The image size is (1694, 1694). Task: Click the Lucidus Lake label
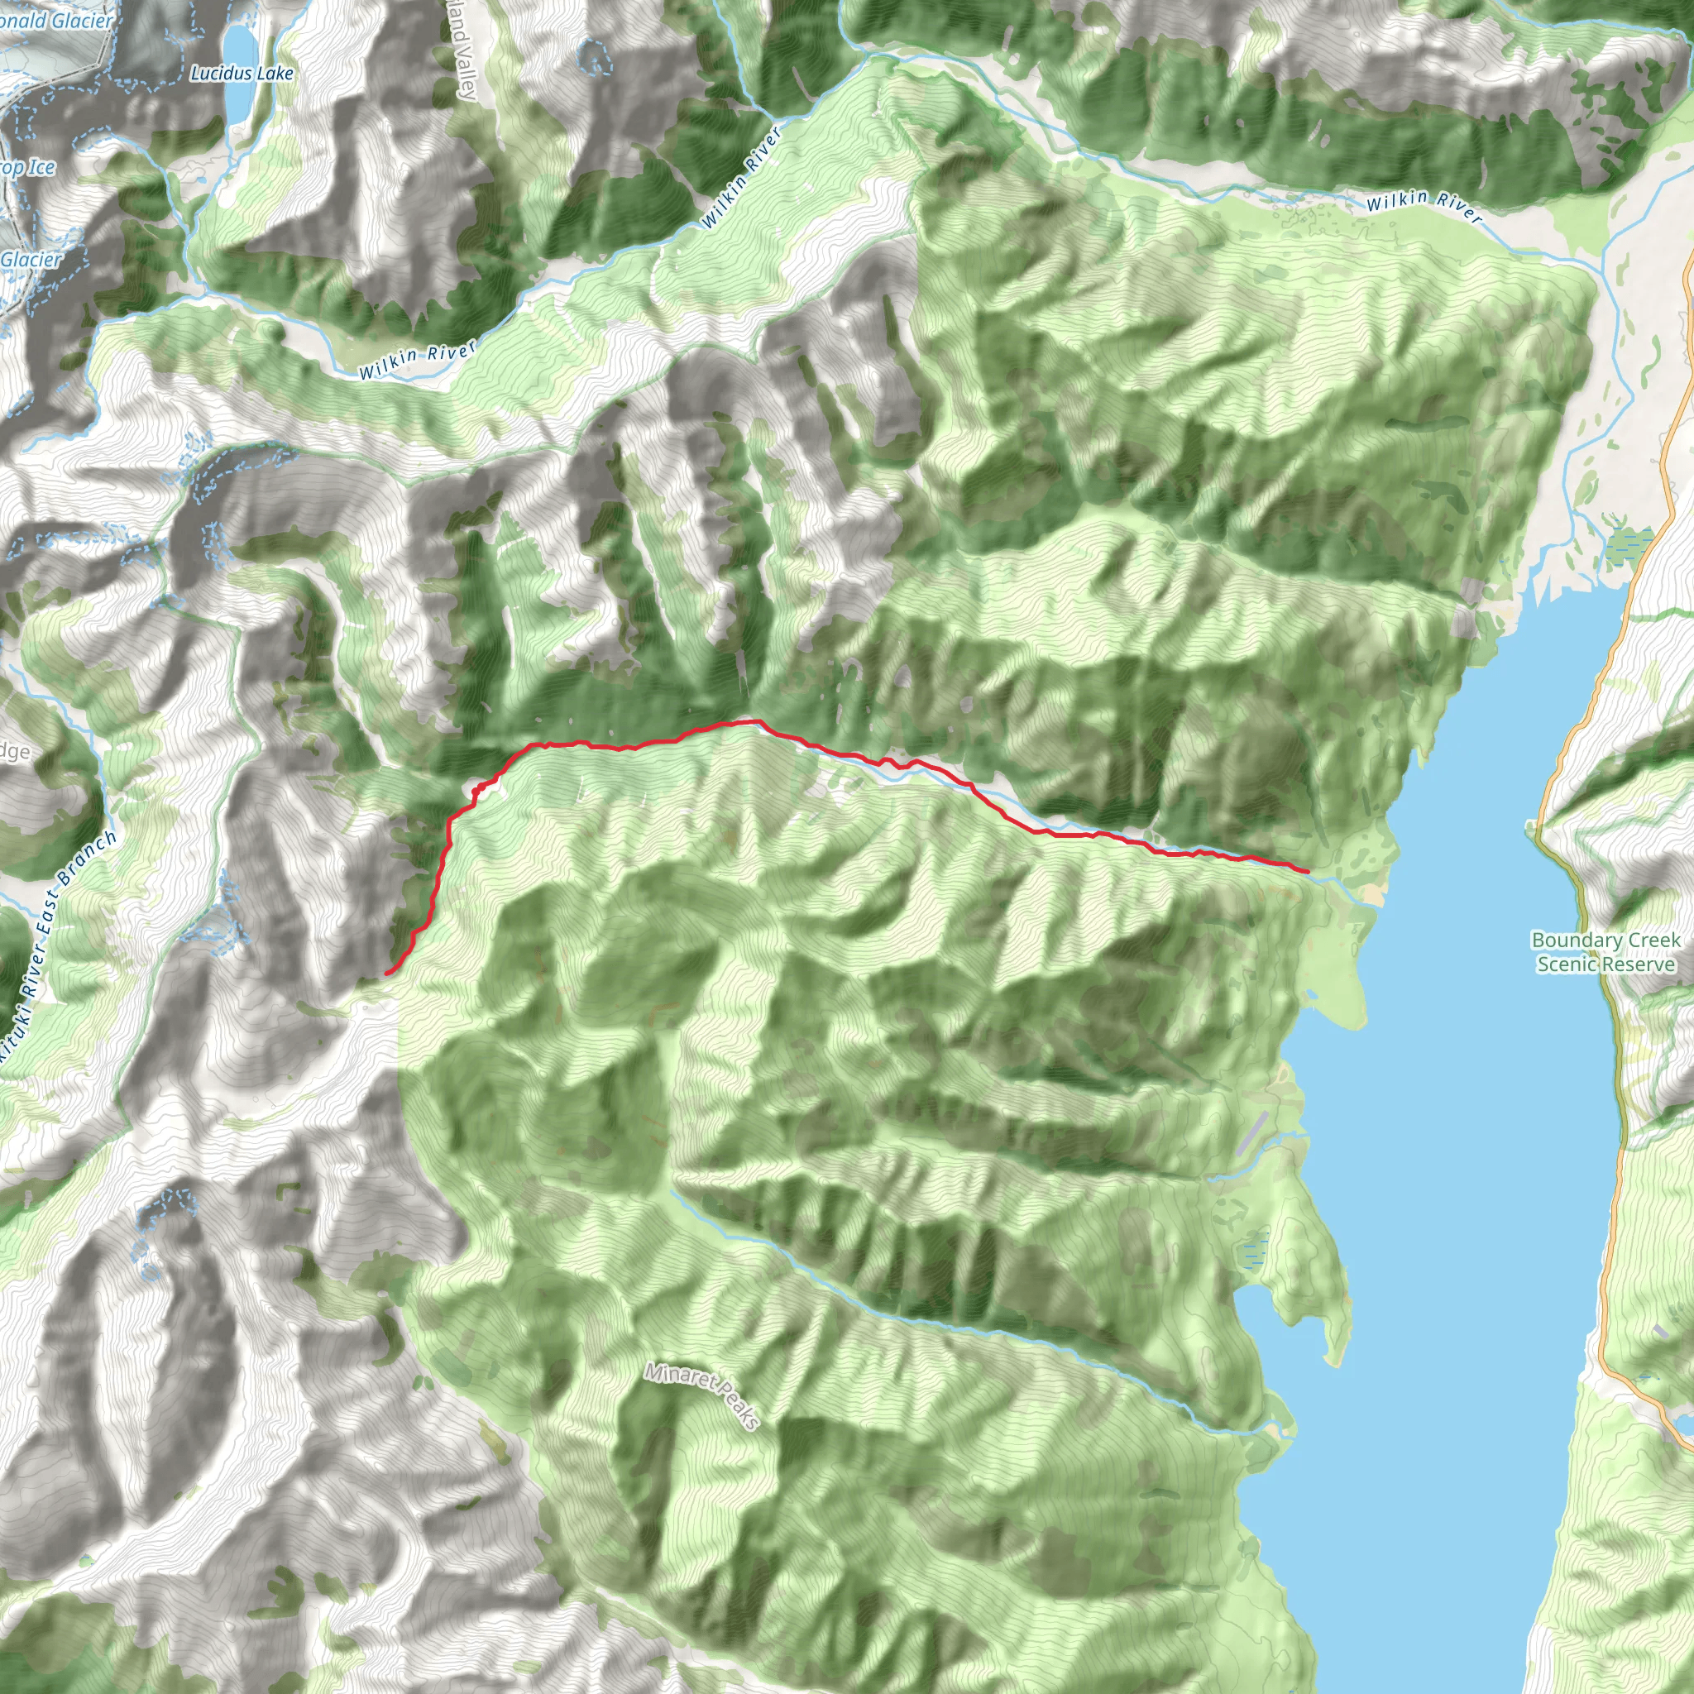pos(242,74)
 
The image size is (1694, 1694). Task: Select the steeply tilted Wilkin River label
pos(741,178)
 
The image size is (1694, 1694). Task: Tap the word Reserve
pos(1639,964)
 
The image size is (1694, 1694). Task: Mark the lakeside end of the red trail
pos(1309,872)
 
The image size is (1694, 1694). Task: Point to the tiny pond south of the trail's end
pos(1310,994)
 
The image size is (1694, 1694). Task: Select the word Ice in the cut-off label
pos(41,166)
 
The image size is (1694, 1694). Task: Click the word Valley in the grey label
pos(466,74)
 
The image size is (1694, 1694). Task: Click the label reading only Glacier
pos(31,260)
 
